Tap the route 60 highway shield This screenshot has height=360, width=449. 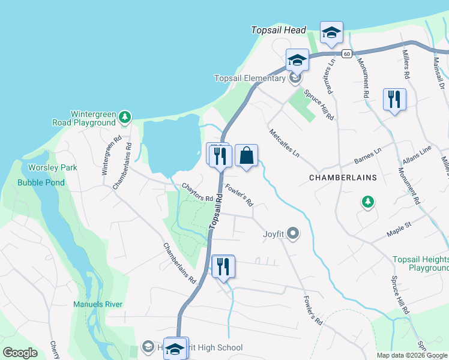347,54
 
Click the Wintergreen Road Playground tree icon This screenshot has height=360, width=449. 124,117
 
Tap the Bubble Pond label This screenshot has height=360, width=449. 41,182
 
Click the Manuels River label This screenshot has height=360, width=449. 98,304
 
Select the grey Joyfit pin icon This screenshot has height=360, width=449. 293,233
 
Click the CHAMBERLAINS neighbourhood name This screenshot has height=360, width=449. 342,178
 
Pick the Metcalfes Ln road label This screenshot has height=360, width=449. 284,143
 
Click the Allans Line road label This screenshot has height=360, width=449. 417,157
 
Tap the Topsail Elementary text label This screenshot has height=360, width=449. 250,78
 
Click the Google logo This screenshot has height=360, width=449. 20,353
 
